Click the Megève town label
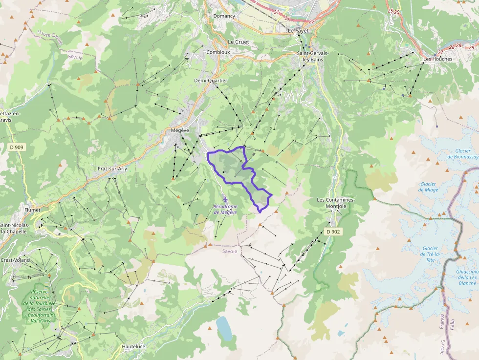tap(180, 130)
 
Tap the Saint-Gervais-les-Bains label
tap(313, 56)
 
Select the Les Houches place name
tap(437, 59)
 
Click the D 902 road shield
tap(333, 232)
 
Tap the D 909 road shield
tap(16, 147)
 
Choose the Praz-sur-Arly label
tap(112, 169)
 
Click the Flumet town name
tap(32, 210)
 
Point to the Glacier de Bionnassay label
tap(462, 154)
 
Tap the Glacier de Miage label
tap(429, 187)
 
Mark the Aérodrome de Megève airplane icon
tap(225, 199)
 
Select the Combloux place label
tap(218, 52)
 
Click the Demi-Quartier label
tap(207, 81)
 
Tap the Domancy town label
tap(224, 16)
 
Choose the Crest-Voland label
tap(15, 260)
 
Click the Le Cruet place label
tap(239, 42)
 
